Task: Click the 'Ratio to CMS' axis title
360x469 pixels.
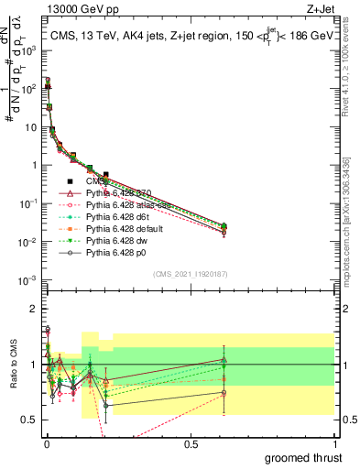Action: [12, 365]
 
